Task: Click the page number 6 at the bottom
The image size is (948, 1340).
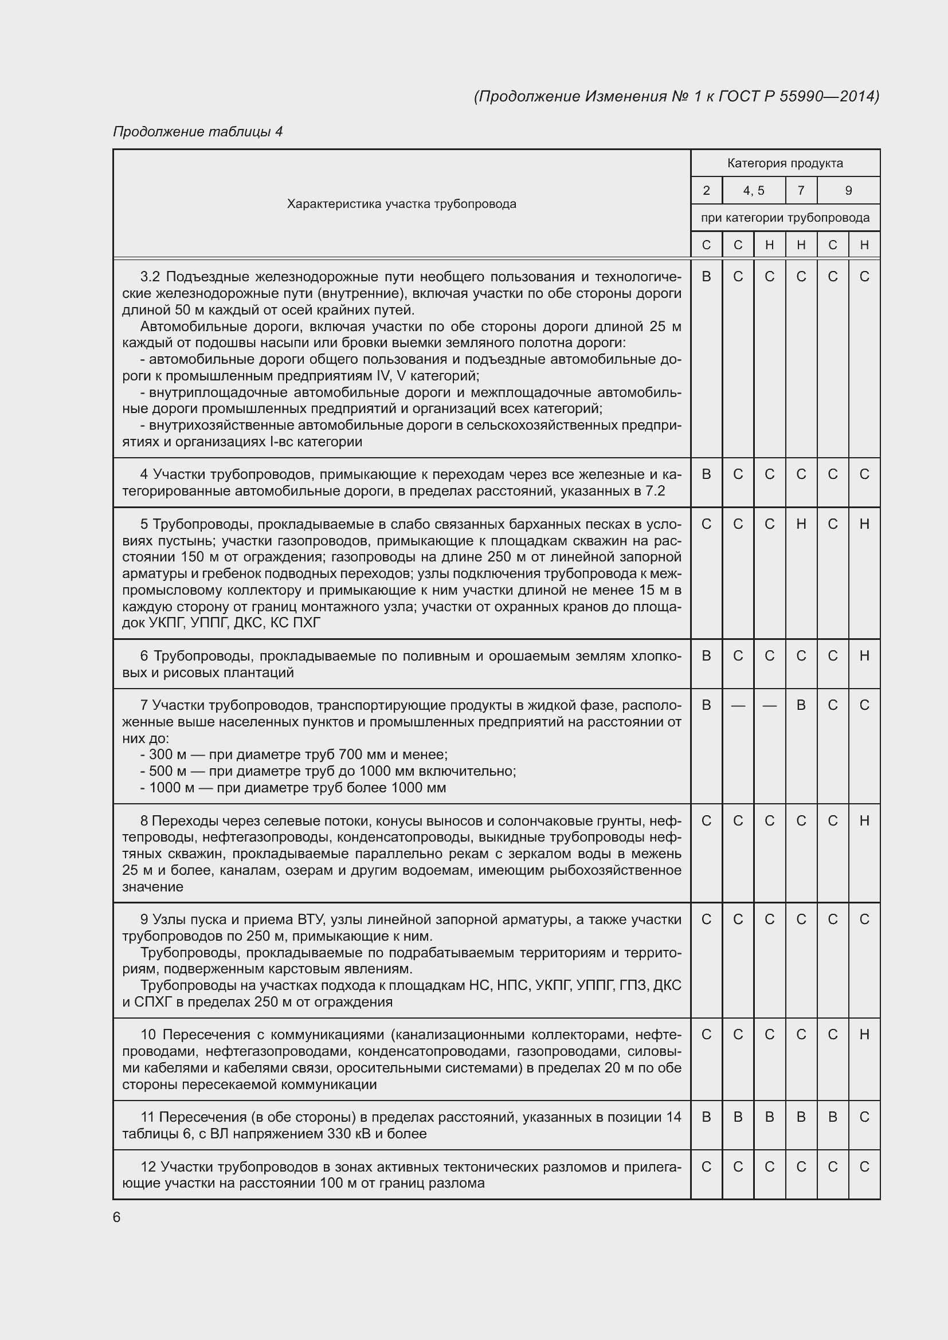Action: coord(117,1217)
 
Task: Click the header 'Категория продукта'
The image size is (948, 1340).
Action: coord(785,163)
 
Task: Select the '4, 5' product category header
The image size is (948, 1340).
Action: coord(753,191)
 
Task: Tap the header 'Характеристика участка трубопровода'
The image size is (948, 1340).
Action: coord(401,204)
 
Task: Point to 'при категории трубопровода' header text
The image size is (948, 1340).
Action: coord(785,218)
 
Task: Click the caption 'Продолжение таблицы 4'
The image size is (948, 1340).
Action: coord(197,132)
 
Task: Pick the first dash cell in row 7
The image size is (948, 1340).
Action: coord(738,706)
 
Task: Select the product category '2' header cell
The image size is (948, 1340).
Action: coord(706,191)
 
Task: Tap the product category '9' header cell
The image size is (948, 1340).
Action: coord(848,191)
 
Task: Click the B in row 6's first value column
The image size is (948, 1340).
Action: coord(706,656)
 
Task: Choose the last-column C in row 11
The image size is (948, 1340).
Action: coord(864,1117)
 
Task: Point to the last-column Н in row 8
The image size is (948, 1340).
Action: coord(864,821)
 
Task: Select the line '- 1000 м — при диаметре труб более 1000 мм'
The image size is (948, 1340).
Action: coord(293,788)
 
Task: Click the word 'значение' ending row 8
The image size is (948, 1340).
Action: coord(152,887)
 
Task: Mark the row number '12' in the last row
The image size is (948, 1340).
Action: coord(148,1166)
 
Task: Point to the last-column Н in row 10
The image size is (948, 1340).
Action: coord(864,1035)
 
